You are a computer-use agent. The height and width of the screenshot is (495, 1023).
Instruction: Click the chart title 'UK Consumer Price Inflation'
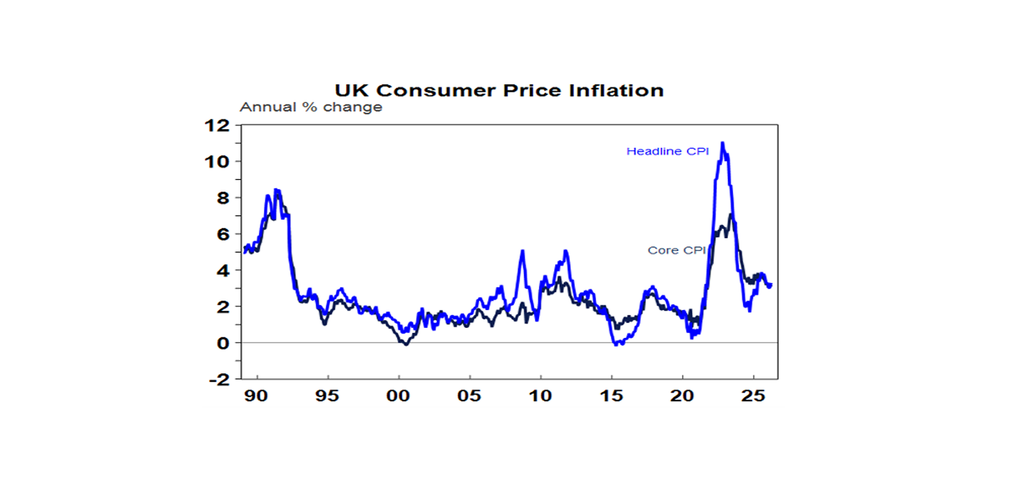[x=499, y=90]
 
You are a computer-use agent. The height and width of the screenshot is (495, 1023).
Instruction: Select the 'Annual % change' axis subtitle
[x=310, y=107]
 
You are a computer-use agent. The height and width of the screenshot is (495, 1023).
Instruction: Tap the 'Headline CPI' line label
[x=667, y=152]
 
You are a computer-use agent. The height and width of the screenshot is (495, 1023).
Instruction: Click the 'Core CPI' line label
[x=676, y=251]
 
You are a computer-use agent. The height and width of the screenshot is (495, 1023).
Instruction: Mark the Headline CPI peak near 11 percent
[x=723, y=143]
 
